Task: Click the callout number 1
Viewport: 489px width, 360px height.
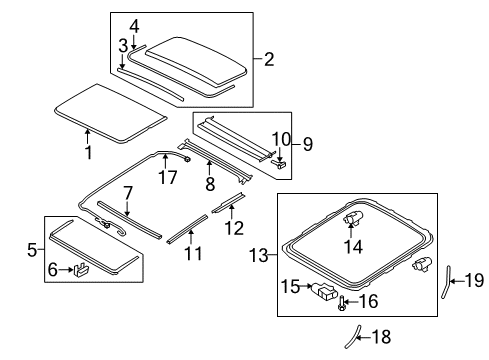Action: [88, 152]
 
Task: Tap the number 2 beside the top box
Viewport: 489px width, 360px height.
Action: [269, 59]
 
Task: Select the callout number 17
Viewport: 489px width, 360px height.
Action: [168, 177]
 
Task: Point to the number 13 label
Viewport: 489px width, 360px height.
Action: [259, 256]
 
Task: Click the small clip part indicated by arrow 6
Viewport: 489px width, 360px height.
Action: [81, 269]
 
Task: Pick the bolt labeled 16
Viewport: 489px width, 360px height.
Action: [341, 303]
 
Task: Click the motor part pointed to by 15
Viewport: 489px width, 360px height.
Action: [323, 291]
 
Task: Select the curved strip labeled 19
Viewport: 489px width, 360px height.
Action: [446, 282]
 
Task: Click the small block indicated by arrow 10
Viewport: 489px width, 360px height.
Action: [280, 164]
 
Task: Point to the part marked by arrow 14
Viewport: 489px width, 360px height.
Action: [353, 217]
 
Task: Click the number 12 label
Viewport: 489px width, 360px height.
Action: [234, 228]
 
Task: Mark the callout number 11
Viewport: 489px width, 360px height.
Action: [193, 253]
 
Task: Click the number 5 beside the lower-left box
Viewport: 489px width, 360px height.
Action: [32, 250]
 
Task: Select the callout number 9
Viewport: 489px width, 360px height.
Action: [308, 144]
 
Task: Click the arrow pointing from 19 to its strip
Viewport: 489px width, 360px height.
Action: [457, 281]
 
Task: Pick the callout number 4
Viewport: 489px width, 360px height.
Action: [134, 26]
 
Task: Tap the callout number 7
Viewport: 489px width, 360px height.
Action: [128, 193]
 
